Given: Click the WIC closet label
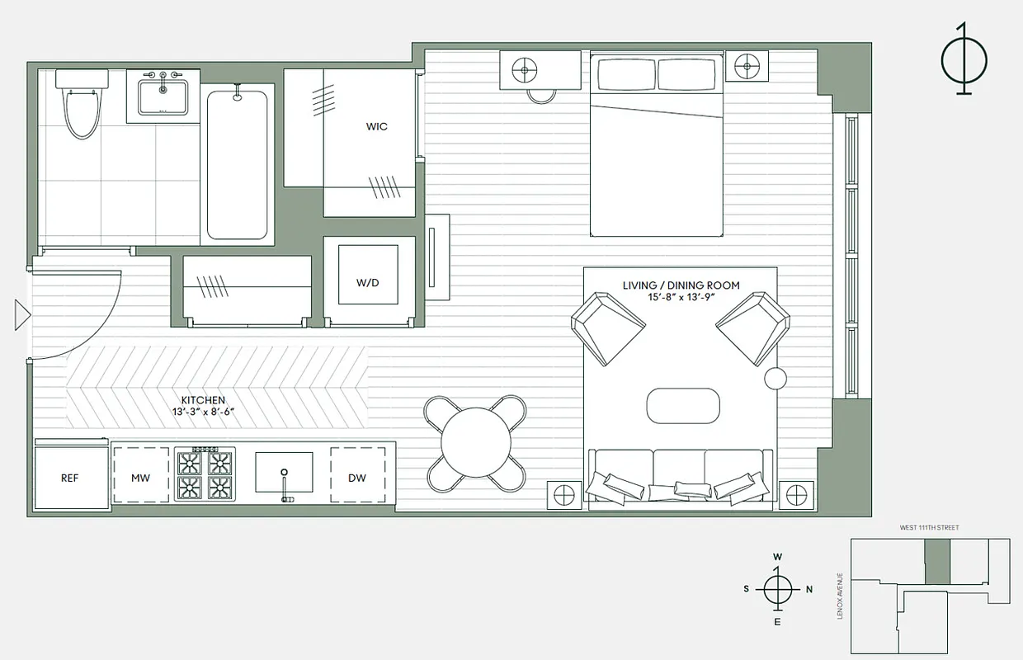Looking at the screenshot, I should pos(376,127).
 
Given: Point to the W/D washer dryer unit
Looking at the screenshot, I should pos(368,282).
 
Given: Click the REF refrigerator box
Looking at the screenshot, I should pos(70,478).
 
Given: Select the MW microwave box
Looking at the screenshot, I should pos(140,478).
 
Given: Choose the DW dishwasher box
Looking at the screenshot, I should pos(357,478).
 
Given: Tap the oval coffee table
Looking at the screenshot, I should pos(683,406).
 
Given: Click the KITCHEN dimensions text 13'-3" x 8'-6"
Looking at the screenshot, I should pos(197,411).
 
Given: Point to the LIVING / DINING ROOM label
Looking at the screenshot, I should pos(681,285).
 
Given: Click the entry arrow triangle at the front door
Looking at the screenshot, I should pos(22,315).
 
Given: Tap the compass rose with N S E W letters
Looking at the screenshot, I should pos(777,589).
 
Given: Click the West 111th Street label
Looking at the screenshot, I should pos(928,527).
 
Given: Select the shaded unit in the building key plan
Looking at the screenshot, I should pos(936,563).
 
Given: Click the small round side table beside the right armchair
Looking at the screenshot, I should pos(775,379).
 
